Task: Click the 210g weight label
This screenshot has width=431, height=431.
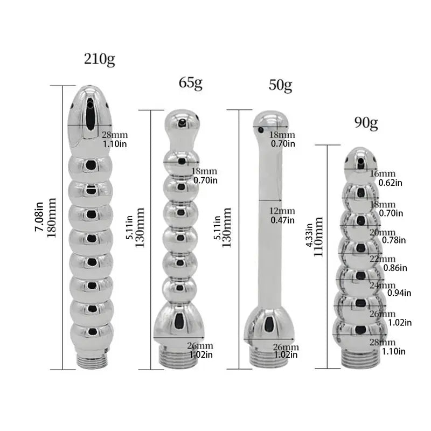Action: click(x=100, y=59)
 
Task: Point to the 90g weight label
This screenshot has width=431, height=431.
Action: click(x=366, y=123)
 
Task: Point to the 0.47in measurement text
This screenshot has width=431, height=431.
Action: click(x=283, y=220)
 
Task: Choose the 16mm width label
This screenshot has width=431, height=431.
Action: click(x=383, y=173)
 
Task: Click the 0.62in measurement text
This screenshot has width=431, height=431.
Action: click(x=391, y=183)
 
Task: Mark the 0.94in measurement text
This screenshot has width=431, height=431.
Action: click(x=399, y=293)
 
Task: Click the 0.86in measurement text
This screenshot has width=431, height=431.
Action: click(x=395, y=267)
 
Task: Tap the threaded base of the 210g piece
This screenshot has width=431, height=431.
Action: click(x=92, y=360)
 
